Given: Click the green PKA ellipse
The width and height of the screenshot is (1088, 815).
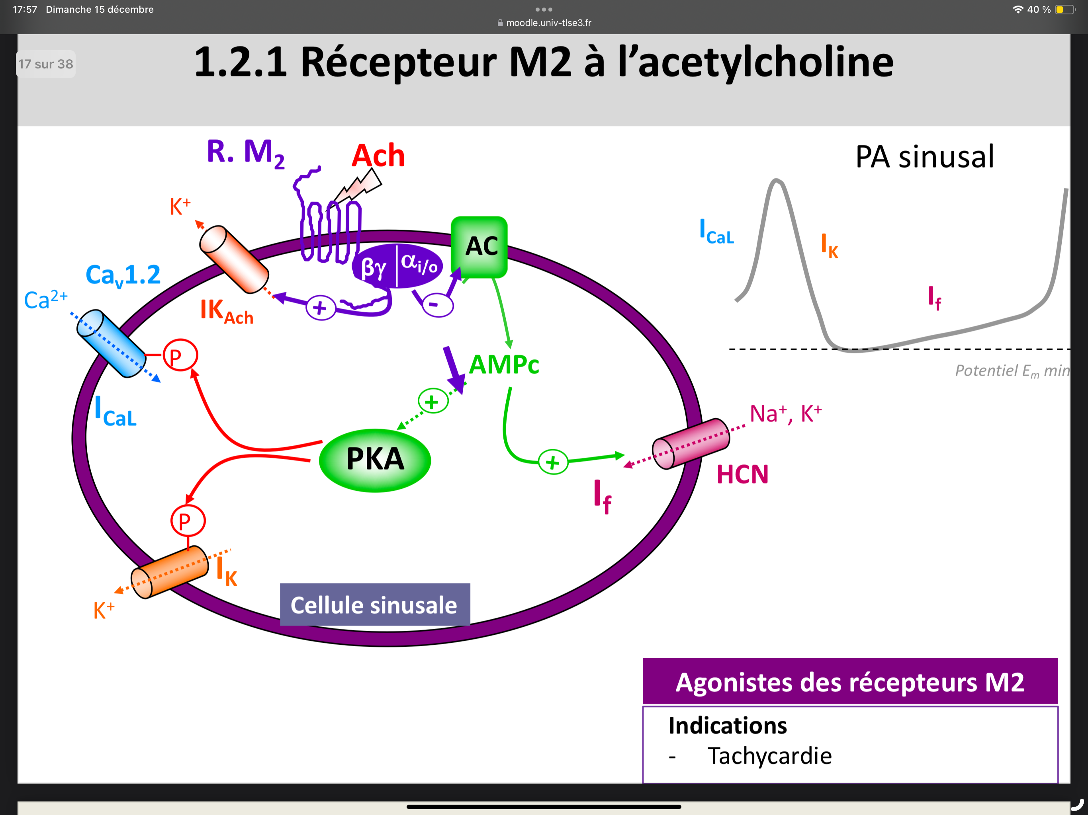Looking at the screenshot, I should click(375, 460).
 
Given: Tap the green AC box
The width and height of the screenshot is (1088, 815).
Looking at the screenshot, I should click(479, 247).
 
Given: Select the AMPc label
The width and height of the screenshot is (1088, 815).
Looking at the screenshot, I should click(504, 365).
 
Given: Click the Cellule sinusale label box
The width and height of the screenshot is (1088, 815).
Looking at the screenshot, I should click(375, 604).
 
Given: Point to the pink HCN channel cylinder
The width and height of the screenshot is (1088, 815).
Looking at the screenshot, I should click(691, 444).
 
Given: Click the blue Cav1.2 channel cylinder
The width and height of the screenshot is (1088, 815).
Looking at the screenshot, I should click(111, 343).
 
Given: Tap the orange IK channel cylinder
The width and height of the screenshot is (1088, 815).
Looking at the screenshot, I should click(170, 572).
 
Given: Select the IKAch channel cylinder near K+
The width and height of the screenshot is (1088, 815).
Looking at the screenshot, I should click(234, 259).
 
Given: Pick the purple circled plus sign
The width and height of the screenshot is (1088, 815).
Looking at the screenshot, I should click(321, 308).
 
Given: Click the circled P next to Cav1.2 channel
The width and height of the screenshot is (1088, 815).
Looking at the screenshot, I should click(180, 355).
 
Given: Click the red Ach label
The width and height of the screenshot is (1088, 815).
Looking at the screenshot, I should click(378, 156).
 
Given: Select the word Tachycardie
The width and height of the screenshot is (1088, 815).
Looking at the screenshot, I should click(769, 756).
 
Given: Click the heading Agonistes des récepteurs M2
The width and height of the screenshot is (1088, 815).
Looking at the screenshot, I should click(849, 682).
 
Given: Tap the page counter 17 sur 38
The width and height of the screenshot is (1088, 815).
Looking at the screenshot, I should click(46, 64).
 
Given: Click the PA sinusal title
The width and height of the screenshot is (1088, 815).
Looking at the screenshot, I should click(924, 157).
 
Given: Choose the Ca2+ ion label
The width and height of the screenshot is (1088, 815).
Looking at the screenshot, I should click(46, 299).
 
